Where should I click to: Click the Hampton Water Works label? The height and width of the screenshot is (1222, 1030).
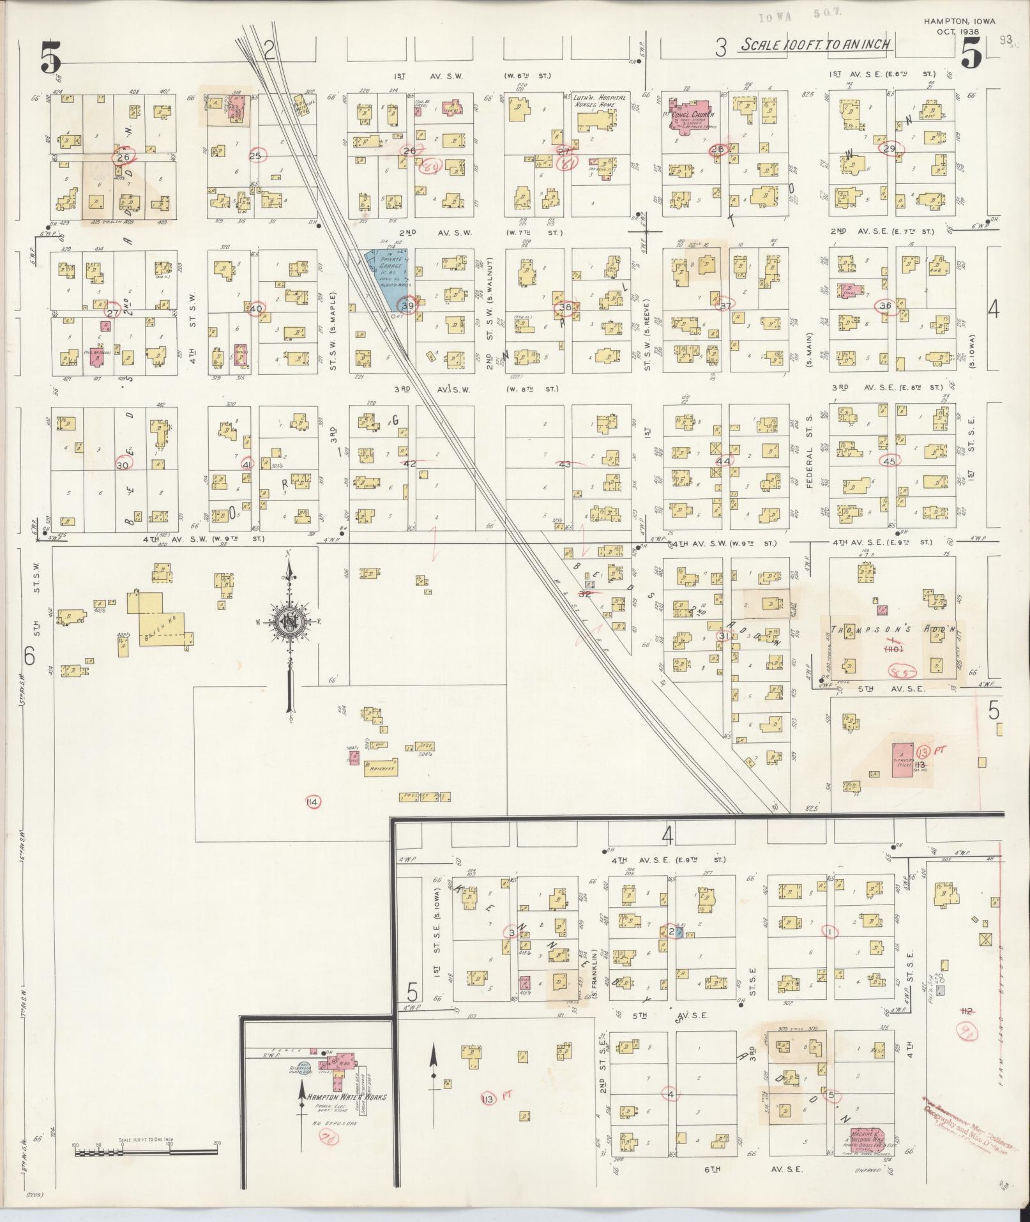click(x=346, y=1097)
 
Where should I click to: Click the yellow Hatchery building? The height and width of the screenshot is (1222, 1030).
click(x=381, y=768)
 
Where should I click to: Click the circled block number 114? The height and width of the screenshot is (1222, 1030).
click(x=313, y=802)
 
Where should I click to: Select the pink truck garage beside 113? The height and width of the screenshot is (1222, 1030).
click(x=902, y=760)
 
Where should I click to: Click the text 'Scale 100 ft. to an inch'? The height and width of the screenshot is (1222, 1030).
click(x=815, y=45)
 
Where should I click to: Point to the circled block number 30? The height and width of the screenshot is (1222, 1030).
click(x=123, y=465)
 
